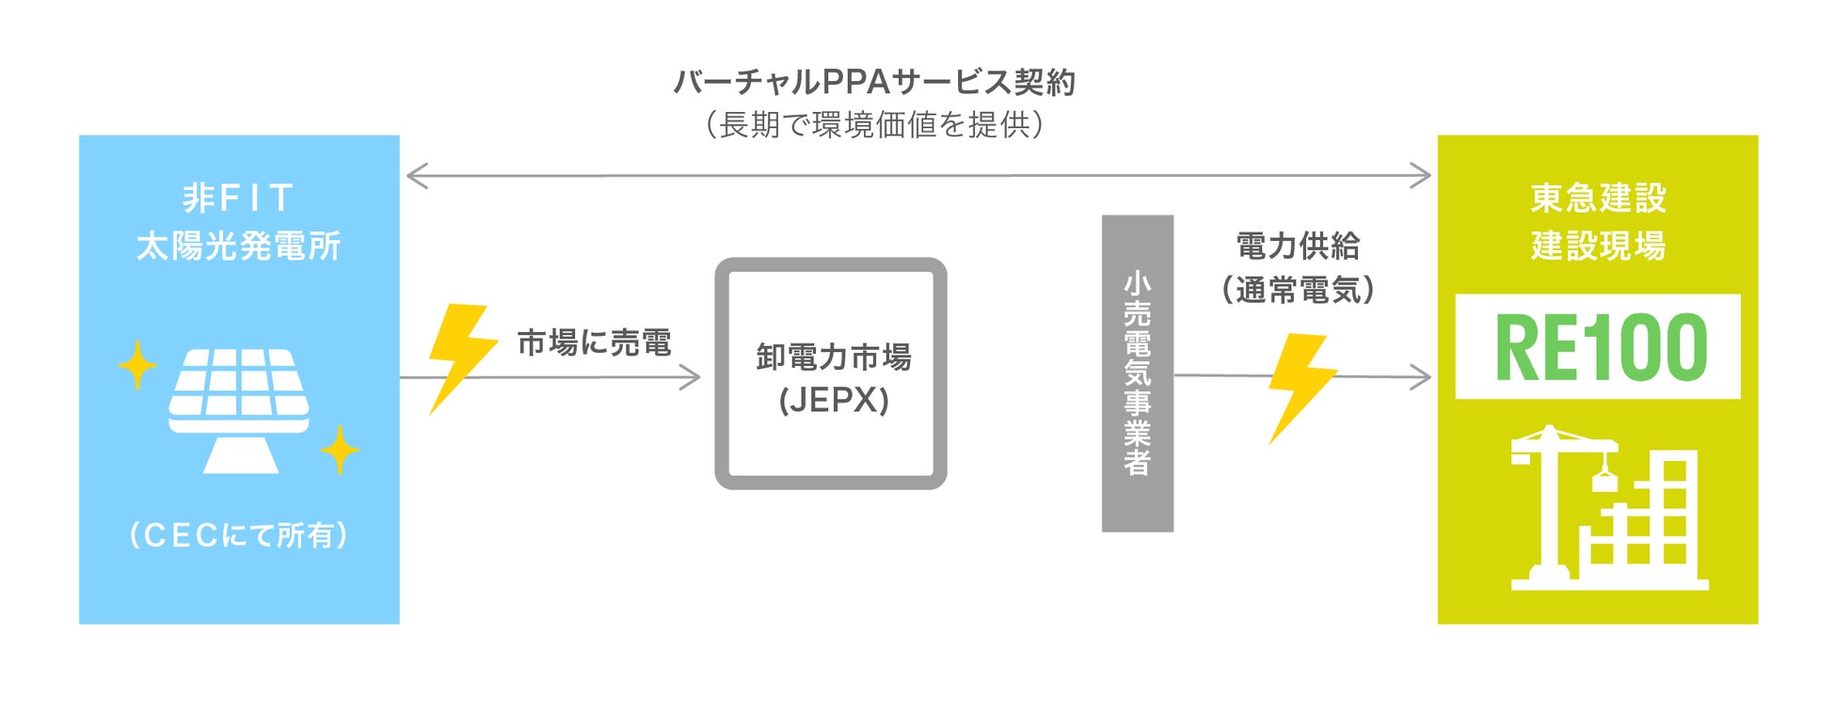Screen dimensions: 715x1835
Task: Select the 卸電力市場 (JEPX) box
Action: coord(831,373)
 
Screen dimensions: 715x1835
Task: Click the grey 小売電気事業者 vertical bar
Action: coord(1137,373)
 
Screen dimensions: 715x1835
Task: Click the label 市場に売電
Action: coord(594,342)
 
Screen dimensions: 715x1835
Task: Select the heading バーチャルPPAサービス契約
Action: coord(874,83)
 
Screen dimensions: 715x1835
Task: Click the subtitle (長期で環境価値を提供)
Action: coord(874,124)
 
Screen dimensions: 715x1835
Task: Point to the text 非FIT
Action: coord(238,198)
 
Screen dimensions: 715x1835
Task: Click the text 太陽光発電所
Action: coord(238,246)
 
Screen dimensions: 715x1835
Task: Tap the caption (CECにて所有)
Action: coord(238,535)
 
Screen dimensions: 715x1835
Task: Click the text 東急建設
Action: coord(1598,198)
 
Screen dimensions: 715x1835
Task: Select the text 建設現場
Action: coord(1598,246)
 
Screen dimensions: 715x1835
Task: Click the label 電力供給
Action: coord(1298,246)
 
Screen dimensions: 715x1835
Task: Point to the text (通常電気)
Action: coord(1298,290)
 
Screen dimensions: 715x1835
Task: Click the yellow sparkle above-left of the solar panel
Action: coord(137,364)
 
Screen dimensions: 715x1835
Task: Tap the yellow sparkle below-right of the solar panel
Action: coord(340,450)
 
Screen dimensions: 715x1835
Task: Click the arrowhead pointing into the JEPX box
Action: coord(692,377)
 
